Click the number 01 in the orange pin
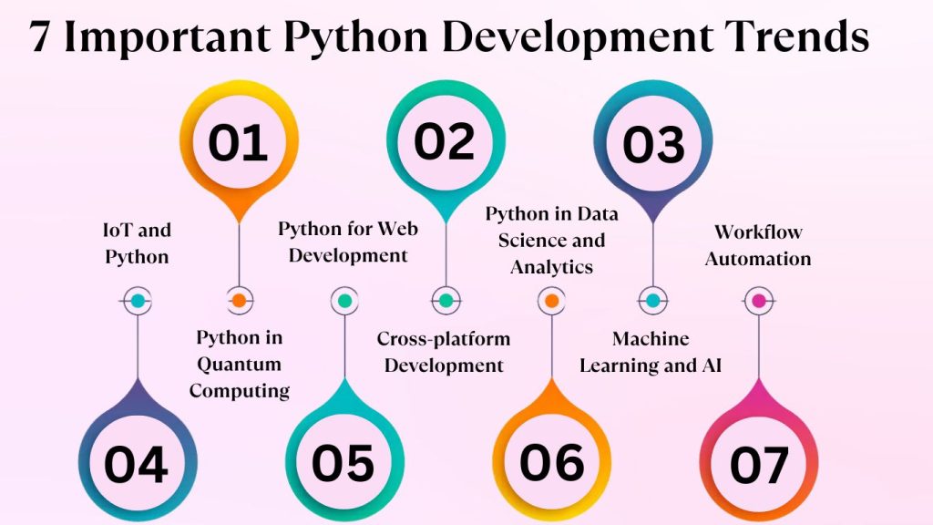238,143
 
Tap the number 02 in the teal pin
445,141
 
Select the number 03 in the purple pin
652,145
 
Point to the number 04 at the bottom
137,465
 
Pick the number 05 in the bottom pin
343,463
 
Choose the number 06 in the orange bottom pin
551,462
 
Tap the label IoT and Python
138,243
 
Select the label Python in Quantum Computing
241,365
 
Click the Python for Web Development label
347,242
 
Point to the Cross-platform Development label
444,352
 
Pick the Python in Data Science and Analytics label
551,241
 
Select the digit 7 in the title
39,38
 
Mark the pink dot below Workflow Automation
758,300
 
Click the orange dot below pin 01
238,300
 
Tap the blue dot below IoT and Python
137,300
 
